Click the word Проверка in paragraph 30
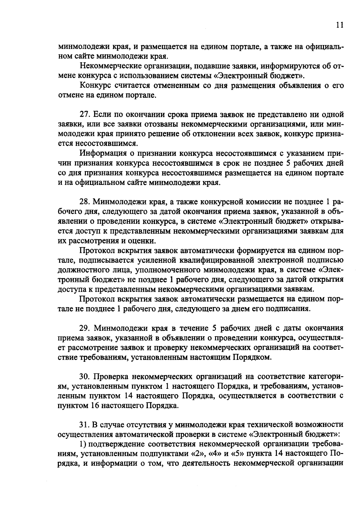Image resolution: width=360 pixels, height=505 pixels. coord(111,376)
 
